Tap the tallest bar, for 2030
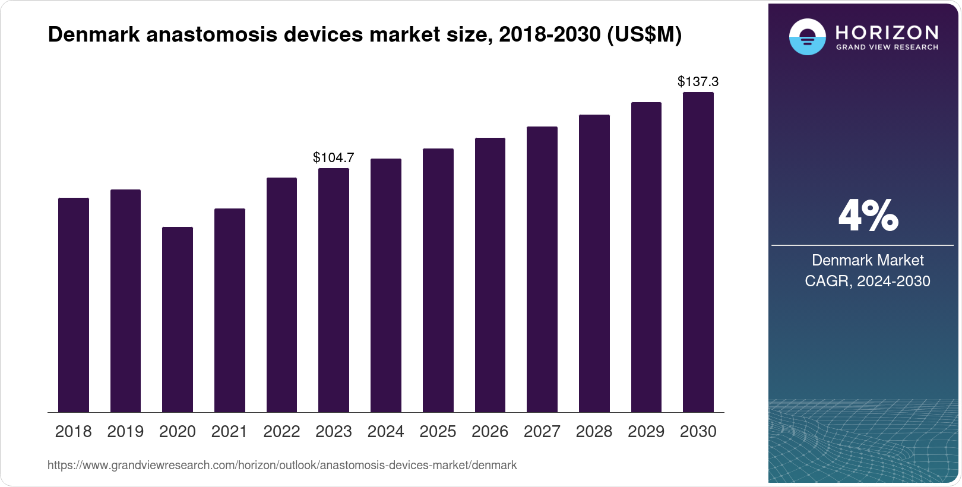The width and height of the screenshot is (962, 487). [x=698, y=252]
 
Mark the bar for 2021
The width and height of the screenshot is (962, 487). [x=229, y=310]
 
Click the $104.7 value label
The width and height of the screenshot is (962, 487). [x=333, y=157]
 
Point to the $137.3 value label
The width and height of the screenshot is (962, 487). [x=698, y=81]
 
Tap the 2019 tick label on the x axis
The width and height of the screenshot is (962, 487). [x=125, y=432]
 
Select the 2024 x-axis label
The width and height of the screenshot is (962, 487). [x=385, y=432]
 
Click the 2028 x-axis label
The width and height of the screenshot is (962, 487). [x=594, y=432]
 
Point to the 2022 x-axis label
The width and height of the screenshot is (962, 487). [x=281, y=432]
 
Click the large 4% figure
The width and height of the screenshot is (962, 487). [x=868, y=216]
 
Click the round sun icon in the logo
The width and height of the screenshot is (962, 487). [x=807, y=37]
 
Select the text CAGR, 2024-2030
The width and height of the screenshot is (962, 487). [x=867, y=281]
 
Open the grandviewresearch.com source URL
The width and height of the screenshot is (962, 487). [x=282, y=465]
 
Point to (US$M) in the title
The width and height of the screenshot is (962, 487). [x=644, y=34]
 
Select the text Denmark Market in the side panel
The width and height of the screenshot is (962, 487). [x=867, y=260]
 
